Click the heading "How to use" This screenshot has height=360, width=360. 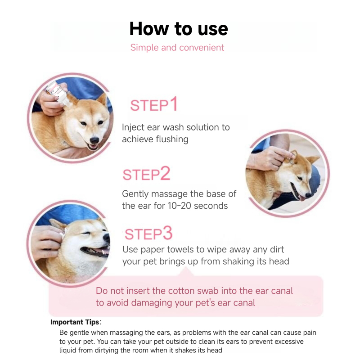tap(179, 29)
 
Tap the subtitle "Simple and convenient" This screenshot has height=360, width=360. tap(177, 47)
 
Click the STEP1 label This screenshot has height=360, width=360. tap(154, 105)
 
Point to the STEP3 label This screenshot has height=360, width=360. tap(148, 234)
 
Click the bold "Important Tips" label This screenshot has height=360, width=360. tap(75, 322)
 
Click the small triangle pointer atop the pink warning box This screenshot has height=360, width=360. tap(188, 272)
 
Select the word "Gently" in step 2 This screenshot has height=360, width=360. tap(136, 194)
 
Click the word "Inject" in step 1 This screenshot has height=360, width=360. tap(133, 127)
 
